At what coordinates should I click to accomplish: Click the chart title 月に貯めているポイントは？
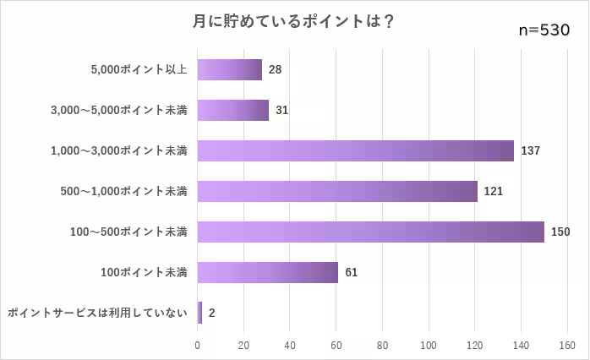pos(294,23)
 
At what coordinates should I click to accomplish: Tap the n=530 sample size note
pos(544,30)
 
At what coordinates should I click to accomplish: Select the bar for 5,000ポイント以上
pos(229,69)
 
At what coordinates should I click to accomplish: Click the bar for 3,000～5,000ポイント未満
pos(232,110)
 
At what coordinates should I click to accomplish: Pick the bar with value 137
pos(355,150)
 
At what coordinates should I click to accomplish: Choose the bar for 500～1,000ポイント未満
pos(337,191)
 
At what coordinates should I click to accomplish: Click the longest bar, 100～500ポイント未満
pos(370,232)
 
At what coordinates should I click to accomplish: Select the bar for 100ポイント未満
pos(267,272)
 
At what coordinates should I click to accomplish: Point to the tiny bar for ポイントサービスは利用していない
pos(199,313)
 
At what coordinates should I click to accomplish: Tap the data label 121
pos(494,191)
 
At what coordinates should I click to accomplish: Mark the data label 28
pos(275,69)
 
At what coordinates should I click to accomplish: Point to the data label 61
pos(352,272)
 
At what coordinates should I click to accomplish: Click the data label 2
pos(211,313)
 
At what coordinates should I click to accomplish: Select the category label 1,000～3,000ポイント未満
pos(119,150)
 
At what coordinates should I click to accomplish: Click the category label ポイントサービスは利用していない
pos(96,313)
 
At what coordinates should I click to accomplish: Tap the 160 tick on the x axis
pos(566,345)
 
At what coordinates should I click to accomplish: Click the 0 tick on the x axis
pos(198,345)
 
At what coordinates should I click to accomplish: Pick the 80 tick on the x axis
pos(382,345)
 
